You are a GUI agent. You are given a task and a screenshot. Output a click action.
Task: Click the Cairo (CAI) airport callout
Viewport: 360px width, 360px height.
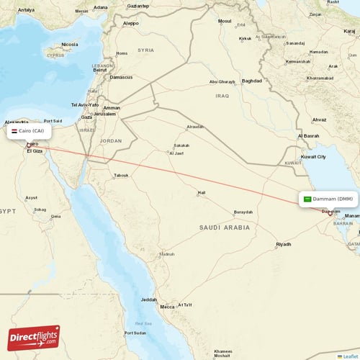(x=29, y=132)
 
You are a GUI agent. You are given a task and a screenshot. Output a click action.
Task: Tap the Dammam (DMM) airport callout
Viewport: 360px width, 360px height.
(x=328, y=199)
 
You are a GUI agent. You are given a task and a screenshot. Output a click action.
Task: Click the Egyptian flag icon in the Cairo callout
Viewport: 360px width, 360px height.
(x=14, y=132)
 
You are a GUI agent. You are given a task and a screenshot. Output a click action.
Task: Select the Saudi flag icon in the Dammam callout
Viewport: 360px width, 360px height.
(x=307, y=199)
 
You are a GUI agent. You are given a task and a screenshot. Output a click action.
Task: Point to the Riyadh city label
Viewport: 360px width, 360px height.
(x=284, y=245)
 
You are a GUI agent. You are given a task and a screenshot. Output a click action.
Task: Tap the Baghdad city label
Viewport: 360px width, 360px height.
(x=252, y=81)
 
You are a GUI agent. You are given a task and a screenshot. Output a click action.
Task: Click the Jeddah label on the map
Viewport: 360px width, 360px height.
(x=149, y=300)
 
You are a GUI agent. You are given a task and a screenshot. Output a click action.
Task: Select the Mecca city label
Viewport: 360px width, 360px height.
(x=167, y=307)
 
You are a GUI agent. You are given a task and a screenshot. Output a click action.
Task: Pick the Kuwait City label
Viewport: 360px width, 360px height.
(x=313, y=156)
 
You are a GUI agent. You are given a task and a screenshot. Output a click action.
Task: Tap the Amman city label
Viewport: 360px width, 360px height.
(x=112, y=107)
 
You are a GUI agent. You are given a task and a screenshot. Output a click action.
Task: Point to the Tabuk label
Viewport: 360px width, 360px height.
(x=121, y=175)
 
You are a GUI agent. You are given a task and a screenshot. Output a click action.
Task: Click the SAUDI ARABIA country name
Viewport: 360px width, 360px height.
(x=225, y=228)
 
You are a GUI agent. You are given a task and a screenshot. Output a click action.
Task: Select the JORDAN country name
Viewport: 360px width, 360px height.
(x=112, y=141)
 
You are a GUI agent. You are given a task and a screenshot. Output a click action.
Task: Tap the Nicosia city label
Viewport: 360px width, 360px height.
(x=69, y=44)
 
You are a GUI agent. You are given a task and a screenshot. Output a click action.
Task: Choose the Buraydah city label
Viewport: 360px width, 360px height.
(x=243, y=212)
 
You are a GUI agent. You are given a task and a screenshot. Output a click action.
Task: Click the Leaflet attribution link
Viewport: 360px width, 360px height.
(x=349, y=356)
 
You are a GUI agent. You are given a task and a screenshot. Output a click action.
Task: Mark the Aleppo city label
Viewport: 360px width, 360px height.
(x=130, y=23)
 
